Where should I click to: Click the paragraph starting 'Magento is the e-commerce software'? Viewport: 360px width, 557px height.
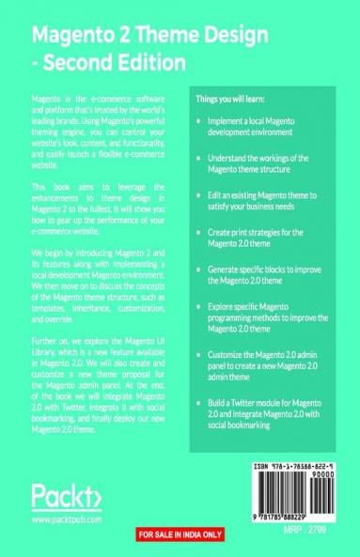[99, 130]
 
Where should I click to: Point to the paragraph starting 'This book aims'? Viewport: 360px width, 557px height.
[99, 210]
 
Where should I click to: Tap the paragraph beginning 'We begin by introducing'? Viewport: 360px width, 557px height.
[99, 285]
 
